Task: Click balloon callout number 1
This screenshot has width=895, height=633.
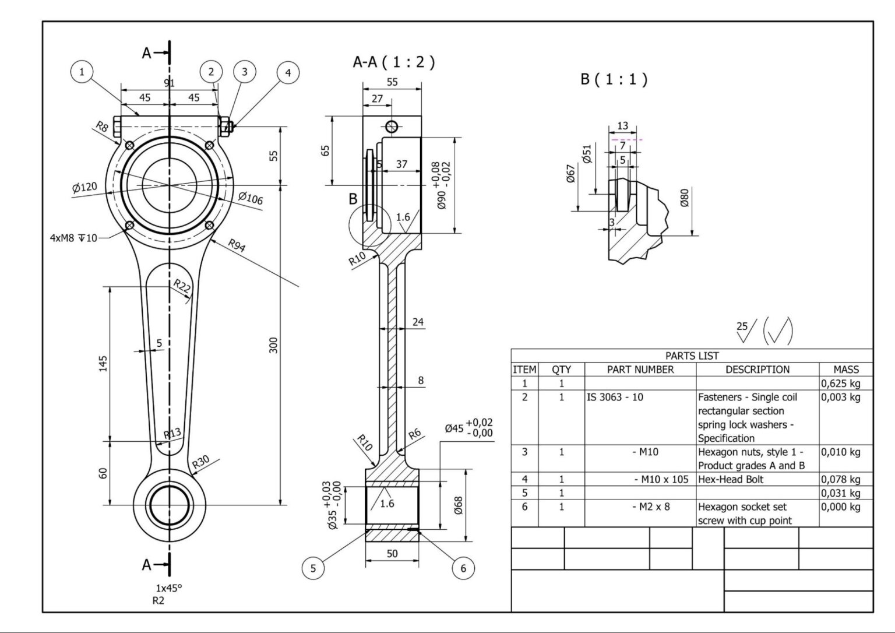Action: point(82,72)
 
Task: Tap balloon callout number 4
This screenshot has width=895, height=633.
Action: point(287,73)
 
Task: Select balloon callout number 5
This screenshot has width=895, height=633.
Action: point(313,568)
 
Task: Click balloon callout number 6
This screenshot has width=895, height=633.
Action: point(463,568)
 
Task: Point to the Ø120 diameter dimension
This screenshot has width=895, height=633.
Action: point(84,188)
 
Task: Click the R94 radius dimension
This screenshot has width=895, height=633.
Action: point(237,245)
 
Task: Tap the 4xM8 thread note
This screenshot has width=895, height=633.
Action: point(73,238)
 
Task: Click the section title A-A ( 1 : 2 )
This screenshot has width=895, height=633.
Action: point(393,62)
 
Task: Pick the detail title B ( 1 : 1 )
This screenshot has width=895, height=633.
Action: point(614,79)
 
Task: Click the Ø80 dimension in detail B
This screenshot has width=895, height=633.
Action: point(684,198)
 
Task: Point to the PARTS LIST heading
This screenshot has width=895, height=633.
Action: point(692,356)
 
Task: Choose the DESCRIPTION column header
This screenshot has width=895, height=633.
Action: point(757,370)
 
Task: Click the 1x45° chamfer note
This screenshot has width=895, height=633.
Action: point(168,588)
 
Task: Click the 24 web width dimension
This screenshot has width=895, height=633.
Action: point(418,322)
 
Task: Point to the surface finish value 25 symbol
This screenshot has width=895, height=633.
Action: point(743,329)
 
